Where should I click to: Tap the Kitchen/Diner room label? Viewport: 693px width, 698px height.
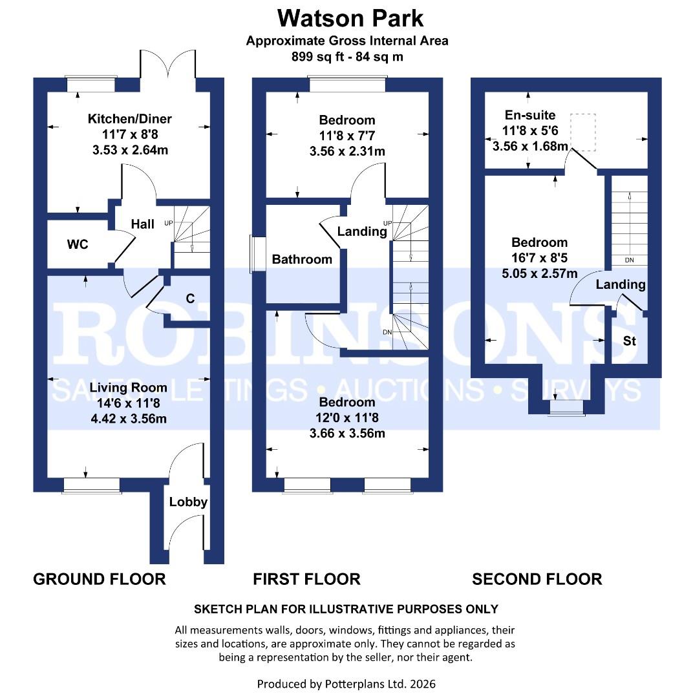[130, 119]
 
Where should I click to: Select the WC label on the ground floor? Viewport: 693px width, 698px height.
[77, 245]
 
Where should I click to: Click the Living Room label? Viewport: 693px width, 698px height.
[128, 388]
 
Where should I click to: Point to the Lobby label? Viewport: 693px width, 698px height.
[188, 502]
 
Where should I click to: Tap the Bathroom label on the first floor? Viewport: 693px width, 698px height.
[302, 260]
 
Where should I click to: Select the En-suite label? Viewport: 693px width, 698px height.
[529, 115]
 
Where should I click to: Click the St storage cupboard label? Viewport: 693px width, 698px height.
[630, 340]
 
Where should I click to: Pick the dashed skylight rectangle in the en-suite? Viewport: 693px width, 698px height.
[582, 132]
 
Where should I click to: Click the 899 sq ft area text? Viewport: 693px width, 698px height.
[347, 56]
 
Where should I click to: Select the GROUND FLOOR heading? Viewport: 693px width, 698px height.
[100, 579]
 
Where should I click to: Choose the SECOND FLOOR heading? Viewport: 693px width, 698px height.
[537, 579]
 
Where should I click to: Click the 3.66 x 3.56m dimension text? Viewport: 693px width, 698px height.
[347, 433]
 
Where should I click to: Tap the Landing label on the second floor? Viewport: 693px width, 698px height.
[620, 284]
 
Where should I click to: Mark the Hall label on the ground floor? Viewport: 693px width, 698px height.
[143, 224]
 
